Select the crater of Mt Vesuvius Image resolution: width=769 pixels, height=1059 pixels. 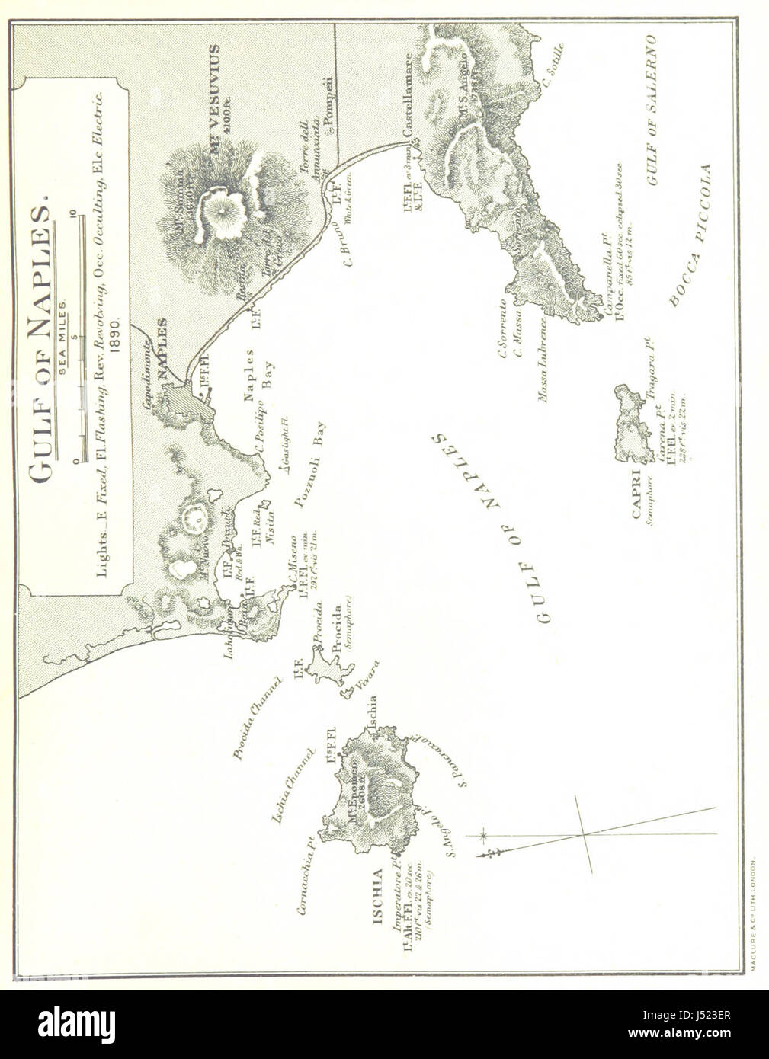220,209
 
